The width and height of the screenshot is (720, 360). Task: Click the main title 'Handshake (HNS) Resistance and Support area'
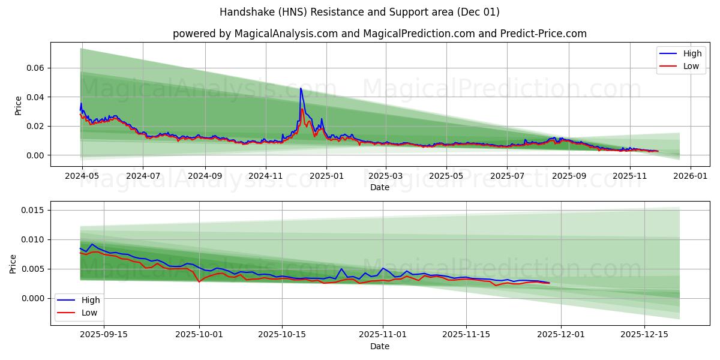[x=359, y=12]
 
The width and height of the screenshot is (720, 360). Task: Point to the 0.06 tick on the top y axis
[x=35, y=68]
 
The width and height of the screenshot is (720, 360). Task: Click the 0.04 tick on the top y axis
[x=35, y=97]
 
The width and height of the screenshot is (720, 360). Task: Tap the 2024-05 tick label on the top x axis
[x=82, y=176]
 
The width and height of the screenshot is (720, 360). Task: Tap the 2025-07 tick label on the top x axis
[x=506, y=176]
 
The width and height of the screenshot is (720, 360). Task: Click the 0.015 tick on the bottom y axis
[x=32, y=210]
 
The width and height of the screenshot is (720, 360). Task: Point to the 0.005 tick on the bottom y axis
[x=32, y=269]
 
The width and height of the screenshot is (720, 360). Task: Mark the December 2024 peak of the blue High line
[x=301, y=88]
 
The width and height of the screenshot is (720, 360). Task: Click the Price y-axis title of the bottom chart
[x=13, y=263]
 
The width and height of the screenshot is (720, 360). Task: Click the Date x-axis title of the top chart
[x=379, y=187]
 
